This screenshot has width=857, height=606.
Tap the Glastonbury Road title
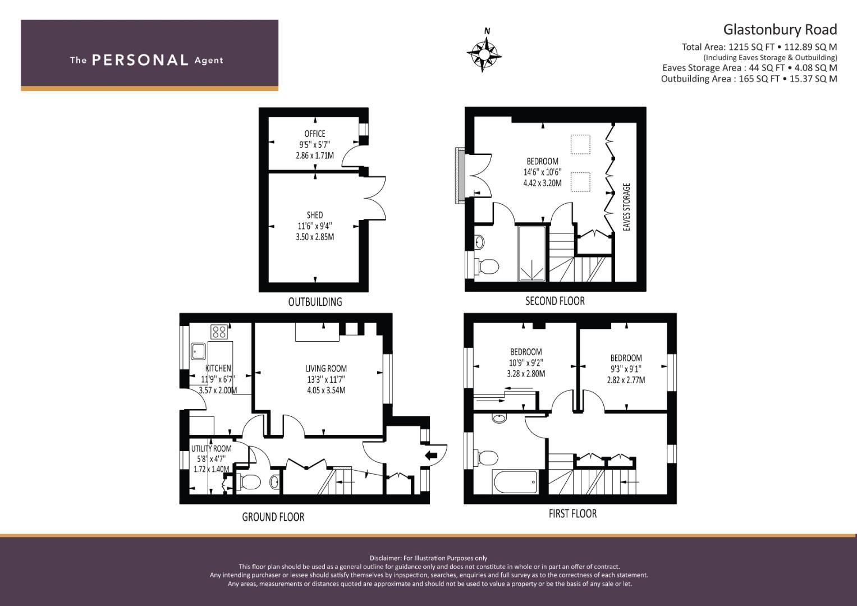pos(780,29)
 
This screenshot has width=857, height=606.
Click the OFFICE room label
pos(314,134)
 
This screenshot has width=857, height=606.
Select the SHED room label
pos(314,215)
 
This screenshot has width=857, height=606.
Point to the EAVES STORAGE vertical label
pos(627,206)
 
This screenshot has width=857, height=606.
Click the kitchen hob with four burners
pos(219,332)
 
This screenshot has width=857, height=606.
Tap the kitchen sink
pos(198,351)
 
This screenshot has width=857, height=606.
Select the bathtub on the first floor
pos(514,482)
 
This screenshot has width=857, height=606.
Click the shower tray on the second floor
pos(531,254)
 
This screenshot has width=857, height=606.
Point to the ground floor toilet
pos(249,481)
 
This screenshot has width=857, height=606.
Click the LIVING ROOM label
pos(326,369)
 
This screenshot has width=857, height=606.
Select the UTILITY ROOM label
pos(211,448)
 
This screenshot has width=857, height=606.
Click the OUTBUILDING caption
pos(315,302)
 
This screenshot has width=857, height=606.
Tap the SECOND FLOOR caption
pos(554,301)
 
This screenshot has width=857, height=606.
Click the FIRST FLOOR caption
pos(572,513)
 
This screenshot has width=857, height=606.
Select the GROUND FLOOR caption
pos(273,517)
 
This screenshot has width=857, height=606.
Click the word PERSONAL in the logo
pos(139,60)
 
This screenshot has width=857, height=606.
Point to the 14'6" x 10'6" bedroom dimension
pos(542,172)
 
